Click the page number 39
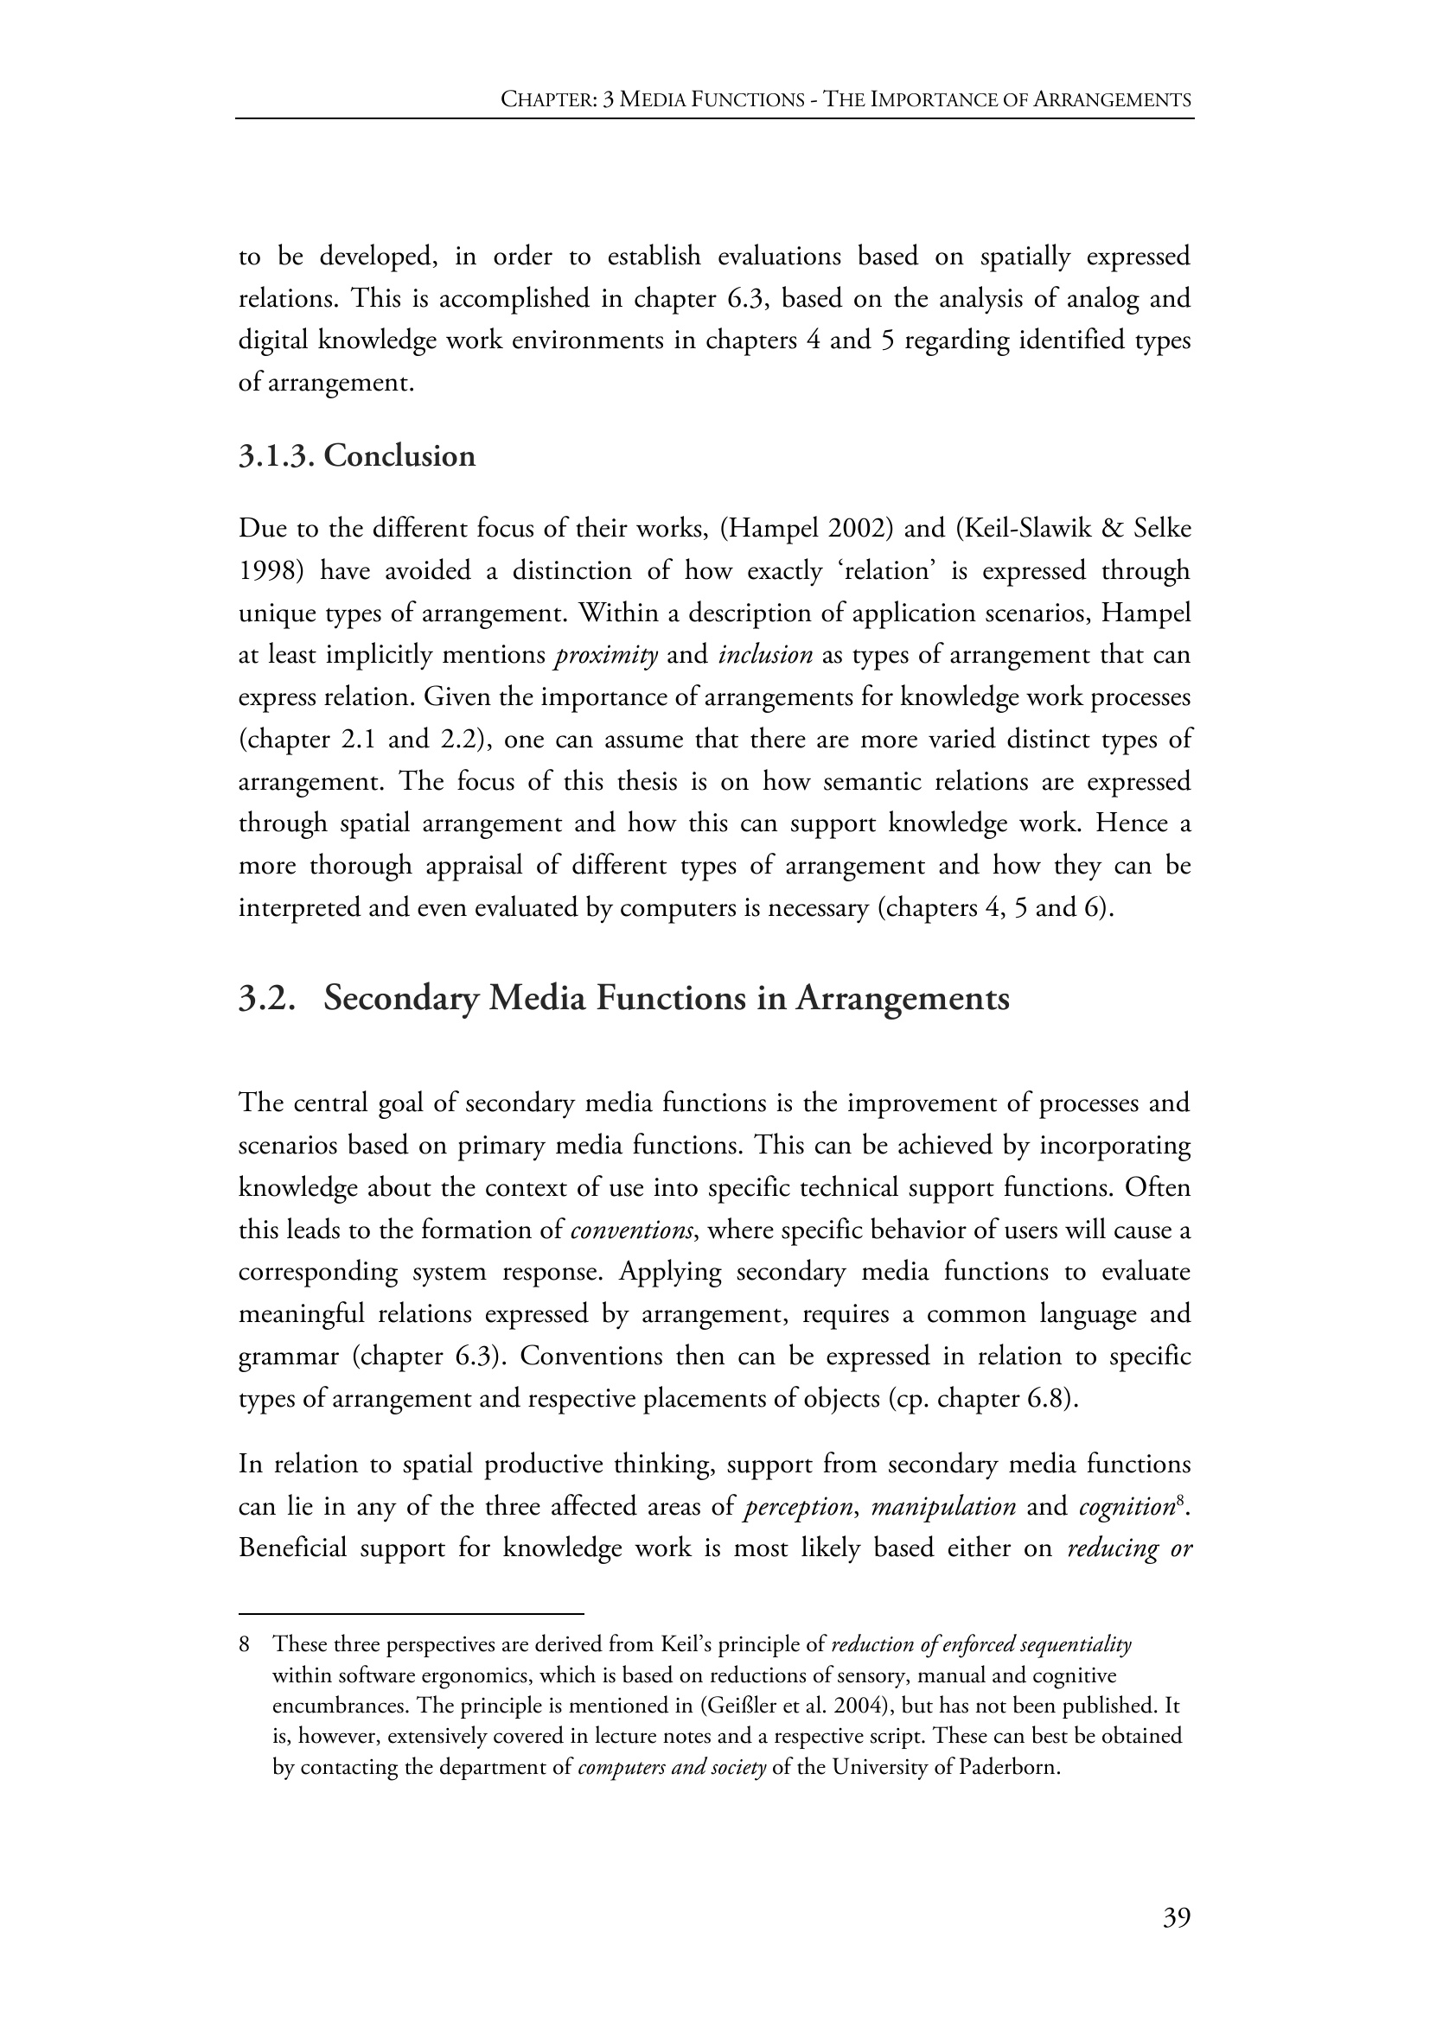pos(1177,1917)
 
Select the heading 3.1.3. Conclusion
pos(356,456)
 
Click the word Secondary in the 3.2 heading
pos(399,998)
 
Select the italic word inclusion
pos(765,655)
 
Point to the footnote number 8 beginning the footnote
pos(245,1644)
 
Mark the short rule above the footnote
pos(412,1614)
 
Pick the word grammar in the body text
pos(288,1357)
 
